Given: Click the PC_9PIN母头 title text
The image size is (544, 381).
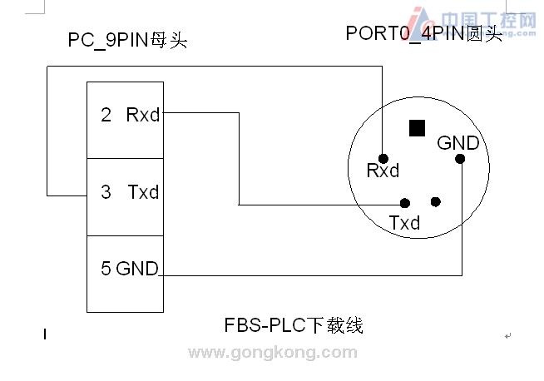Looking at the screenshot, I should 127,39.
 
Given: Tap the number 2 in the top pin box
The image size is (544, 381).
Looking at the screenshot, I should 106,115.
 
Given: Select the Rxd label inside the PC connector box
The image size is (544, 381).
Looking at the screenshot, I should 142,115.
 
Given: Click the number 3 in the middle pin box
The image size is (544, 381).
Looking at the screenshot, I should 106,192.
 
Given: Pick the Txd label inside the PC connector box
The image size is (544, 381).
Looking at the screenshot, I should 143,192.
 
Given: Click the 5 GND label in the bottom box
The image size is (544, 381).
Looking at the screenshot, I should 130,269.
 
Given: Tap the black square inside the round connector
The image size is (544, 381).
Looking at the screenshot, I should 417,127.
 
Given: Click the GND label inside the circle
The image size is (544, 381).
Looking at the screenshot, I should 458,143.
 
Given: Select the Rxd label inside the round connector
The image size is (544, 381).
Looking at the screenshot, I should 383,171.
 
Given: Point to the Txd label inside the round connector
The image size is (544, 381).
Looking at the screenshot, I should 405,223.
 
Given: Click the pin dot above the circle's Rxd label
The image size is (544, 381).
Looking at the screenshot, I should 383,157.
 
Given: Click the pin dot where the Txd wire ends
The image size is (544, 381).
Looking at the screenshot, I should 406,202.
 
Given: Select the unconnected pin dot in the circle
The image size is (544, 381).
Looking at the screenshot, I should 435,201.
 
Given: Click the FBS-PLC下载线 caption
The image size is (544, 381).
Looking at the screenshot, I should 294,324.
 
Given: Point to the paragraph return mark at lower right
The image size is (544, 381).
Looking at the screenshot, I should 507,335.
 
